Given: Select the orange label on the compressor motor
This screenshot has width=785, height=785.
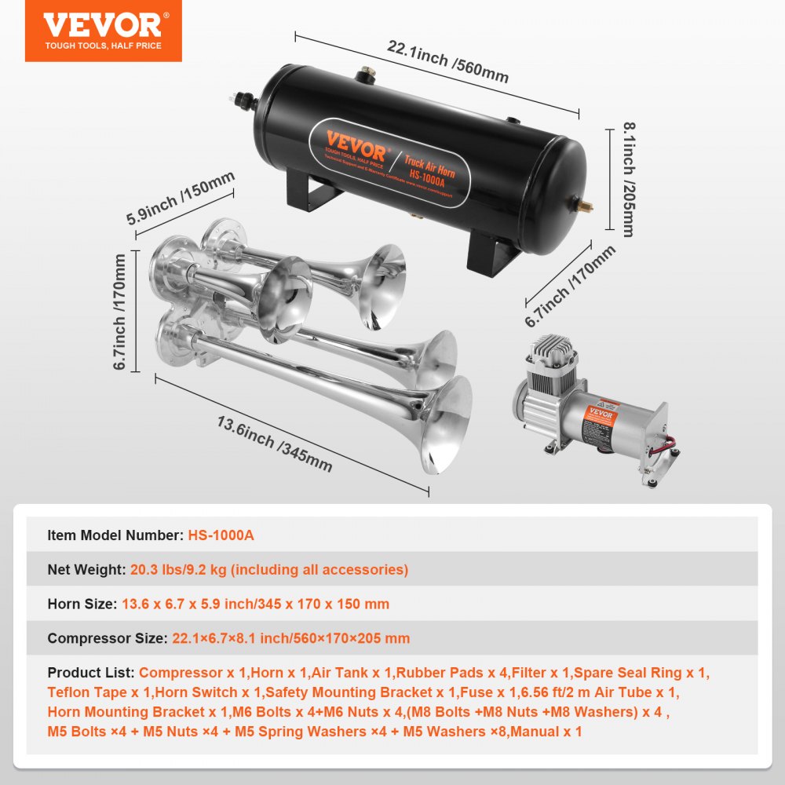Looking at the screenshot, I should [600, 414].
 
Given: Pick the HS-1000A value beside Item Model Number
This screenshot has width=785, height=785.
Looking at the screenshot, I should [221, 535].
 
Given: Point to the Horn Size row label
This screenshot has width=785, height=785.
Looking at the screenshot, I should [82, 604].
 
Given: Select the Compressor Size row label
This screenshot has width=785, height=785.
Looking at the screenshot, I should [107, 638].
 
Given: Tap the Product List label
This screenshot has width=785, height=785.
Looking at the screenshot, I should [91, 673].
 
